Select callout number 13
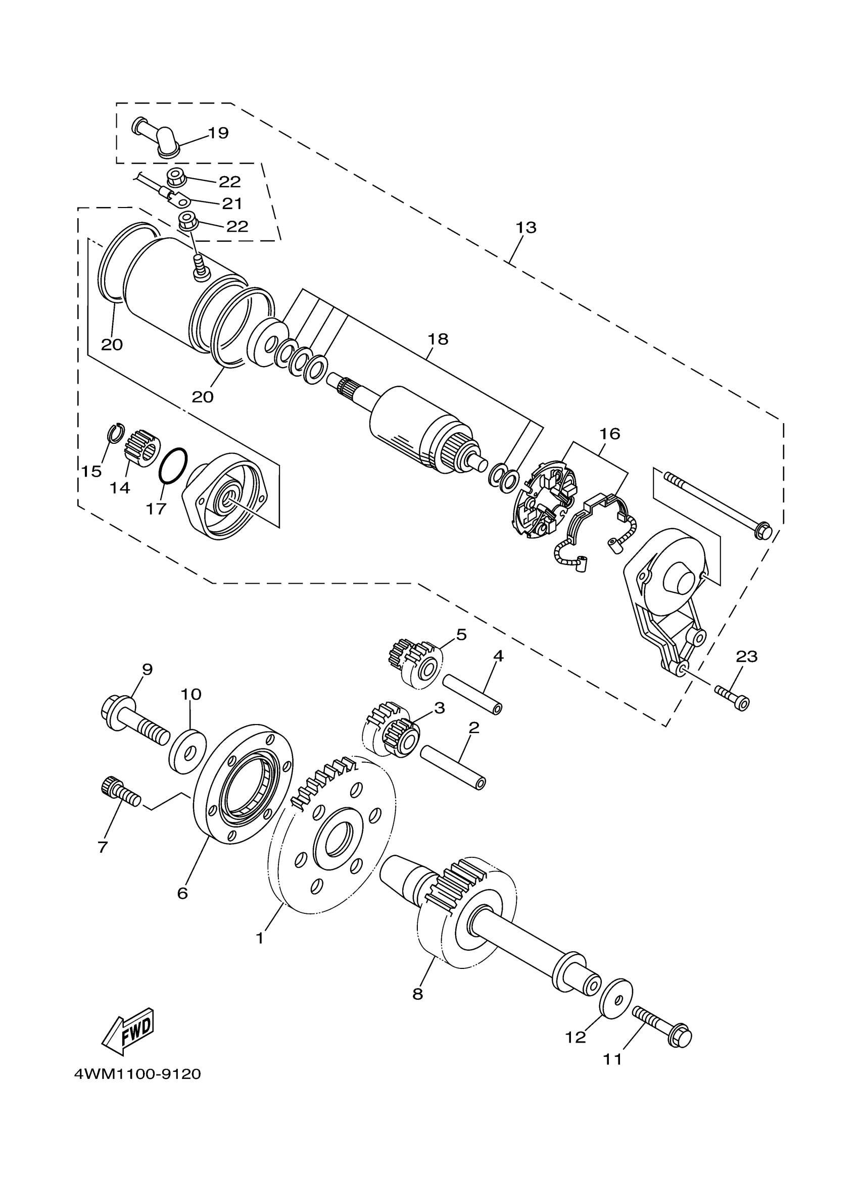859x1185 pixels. point(526,228)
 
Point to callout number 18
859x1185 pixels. point(438,339)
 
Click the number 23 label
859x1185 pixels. point(746,657)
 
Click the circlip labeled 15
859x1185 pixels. point(116,434)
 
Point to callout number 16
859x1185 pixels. point(609,434)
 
